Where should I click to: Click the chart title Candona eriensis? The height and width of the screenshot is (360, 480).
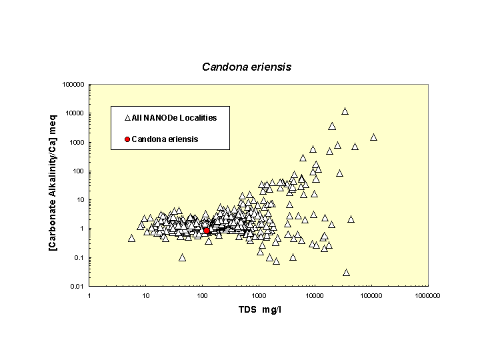coord(247,67)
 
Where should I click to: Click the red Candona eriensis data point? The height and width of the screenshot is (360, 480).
coord(207,230)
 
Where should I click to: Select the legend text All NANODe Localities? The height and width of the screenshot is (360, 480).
coord(174,118)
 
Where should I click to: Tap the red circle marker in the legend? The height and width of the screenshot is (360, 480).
coord(127,139)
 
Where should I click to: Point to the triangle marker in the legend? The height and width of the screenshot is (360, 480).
coord(127,118)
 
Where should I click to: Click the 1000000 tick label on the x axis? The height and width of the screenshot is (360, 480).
coord(427,296)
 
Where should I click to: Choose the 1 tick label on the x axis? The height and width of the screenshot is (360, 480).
coord(89,296)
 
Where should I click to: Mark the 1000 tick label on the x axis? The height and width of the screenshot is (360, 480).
coord(258,296)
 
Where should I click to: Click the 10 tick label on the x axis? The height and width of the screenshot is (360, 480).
coord(146,296)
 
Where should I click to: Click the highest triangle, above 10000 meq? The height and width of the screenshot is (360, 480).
coord(345,111)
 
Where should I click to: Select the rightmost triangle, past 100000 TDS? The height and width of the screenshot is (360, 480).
coord(373,137)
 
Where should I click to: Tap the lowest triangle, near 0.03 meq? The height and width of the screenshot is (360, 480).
coord(346,272)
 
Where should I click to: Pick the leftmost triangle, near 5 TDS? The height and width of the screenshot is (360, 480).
coord(132,238)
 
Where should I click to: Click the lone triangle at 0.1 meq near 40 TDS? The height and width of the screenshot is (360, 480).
coord(182,257)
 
